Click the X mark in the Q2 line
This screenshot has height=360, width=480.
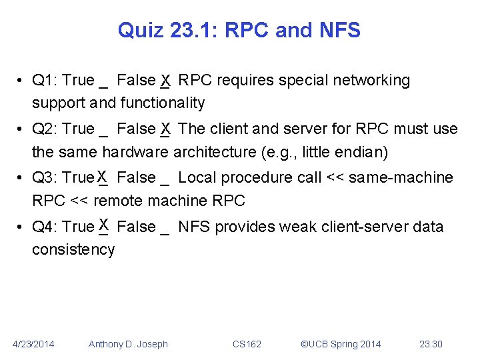coord(165,128)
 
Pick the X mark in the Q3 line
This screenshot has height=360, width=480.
coord(102,177)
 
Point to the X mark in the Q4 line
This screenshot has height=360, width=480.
coord(102,225)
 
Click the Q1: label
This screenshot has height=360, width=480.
coord(45,81)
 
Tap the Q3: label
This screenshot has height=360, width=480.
coord(45,178)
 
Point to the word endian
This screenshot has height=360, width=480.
coord(363,152)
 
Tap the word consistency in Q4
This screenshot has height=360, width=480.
coord(73,249)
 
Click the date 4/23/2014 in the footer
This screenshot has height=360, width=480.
coord(34,344)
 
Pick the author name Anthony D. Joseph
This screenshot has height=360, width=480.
coord(128,344)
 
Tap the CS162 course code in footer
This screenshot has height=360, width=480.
coord(247,344)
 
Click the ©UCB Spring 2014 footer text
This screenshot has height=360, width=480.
coord(341,344)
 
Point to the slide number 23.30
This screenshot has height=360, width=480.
coord(431,344)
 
